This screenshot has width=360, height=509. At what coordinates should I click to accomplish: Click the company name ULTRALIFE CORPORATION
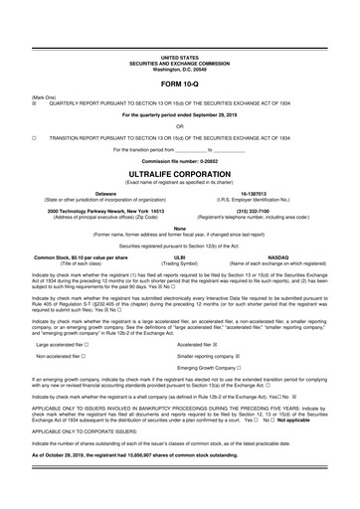179,171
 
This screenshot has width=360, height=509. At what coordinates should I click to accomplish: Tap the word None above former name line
179,229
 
